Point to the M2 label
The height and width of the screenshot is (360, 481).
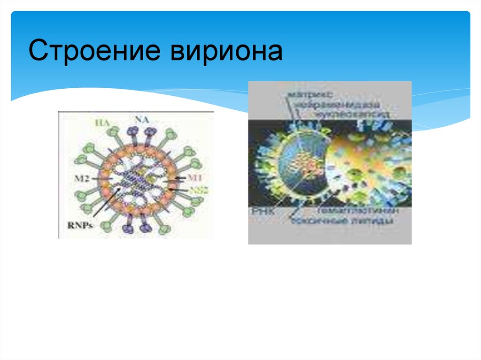[75, 179]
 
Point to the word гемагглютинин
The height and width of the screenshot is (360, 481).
[357, 212]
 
